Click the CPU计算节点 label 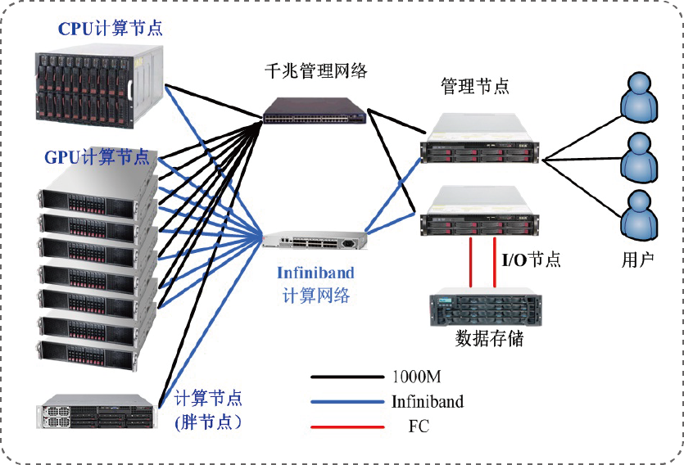(x=110, y=29)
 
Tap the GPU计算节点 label (x=97, y=156)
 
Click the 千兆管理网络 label (x=315, y=71)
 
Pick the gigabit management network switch (x=315, y=110)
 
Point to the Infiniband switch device (x=315, y=241)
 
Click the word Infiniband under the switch (x=315, y=273)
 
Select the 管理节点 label (x=475, y=86)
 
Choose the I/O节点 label (x=531, y=260)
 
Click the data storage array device (x=485, y=308)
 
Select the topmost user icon (x=639, y=97)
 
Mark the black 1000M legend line (x=347, y=377)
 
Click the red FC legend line (x=347, y=427)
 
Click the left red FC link (x=471, y=262)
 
